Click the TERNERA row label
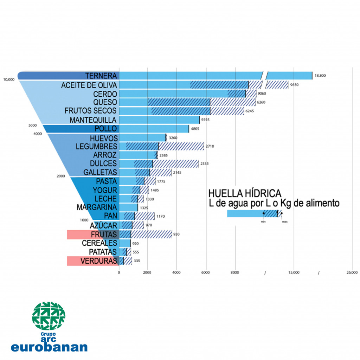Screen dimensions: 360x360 click(x=101, y=76)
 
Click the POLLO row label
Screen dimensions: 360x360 click(x=105, y=129)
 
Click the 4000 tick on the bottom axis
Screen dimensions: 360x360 click(x=176, y=272)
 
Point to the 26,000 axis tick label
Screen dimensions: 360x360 click(x=352, y=272)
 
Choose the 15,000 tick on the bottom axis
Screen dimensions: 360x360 click(x=294, y=272)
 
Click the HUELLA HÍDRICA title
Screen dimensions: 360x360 click(x=245, y=193)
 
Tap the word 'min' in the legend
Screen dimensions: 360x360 click(x=263, y=222)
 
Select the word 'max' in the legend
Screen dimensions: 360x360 click(x=284, y=222)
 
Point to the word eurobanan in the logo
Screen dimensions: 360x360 click(x=49, y=347)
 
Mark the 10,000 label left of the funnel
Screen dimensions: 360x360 click(x=9, y=80)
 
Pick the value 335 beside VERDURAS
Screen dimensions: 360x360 click(x=137, y=261)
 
